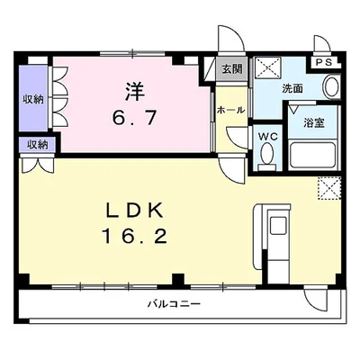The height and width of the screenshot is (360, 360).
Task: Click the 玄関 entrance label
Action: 232,69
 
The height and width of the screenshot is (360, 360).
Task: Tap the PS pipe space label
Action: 324,63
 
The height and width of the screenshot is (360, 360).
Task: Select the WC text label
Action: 268,137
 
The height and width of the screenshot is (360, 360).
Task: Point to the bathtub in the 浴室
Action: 313,156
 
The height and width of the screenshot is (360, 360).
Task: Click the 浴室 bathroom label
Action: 314,122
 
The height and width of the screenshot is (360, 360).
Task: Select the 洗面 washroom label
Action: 292,89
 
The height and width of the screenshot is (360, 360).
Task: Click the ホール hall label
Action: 230,110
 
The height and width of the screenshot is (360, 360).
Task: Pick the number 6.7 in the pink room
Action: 135,118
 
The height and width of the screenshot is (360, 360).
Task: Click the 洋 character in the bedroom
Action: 135,92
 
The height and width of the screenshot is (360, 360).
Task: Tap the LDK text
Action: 135,210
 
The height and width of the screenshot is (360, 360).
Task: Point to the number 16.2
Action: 135,236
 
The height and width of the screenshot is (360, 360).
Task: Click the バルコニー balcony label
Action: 174,304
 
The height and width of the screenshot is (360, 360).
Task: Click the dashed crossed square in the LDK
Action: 329,188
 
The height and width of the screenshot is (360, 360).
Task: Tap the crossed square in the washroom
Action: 267,68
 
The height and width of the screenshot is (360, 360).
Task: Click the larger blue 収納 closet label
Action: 33,100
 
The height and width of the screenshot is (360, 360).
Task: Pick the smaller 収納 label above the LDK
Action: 37,145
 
